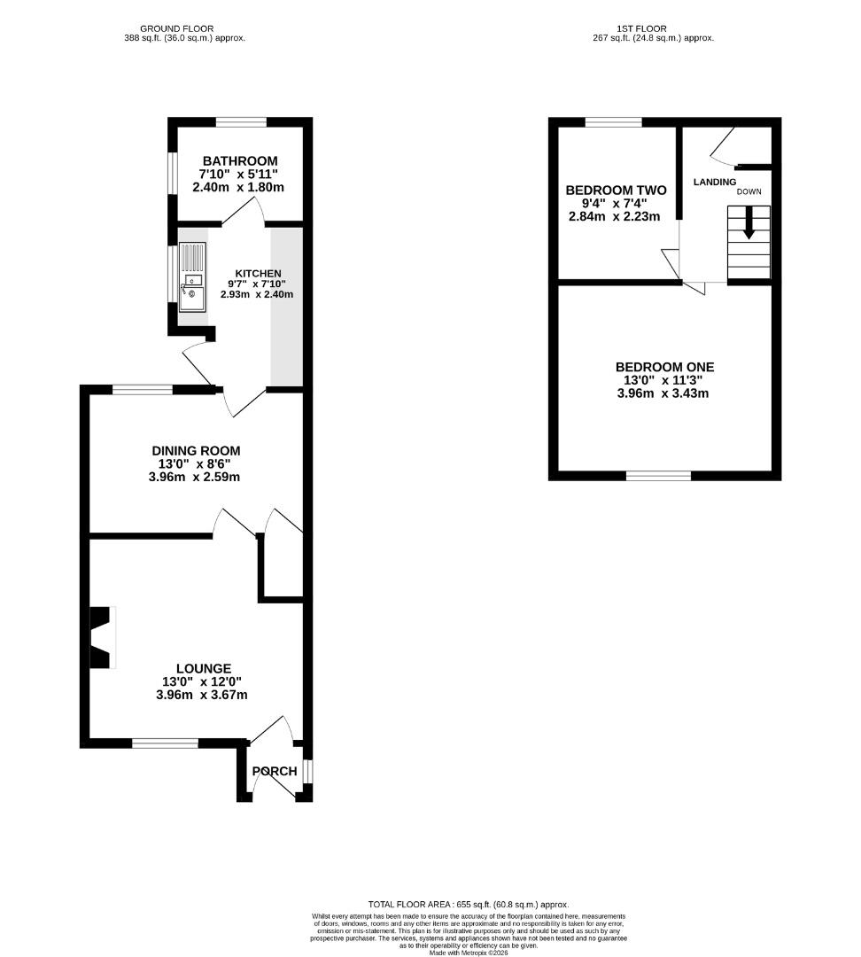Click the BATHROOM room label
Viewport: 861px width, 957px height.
pos(240,161)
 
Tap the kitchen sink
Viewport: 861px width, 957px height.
pos(192,277)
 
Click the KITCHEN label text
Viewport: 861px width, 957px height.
pos(258,274)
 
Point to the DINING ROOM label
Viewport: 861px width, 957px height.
pos(196,451)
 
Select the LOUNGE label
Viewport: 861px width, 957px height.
pos(204,669)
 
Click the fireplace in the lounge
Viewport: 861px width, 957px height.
pos(102,637)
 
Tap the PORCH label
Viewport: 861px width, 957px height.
pos(275,772)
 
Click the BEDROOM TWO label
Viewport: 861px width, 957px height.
pos(616,191)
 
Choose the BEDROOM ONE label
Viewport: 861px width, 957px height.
pos(664,367)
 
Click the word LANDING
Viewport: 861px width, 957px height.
pos(715,182)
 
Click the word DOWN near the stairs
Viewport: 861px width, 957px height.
pos(749,191)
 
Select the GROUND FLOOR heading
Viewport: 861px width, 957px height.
pos(177,28)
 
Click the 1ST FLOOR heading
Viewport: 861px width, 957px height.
pos(641,28)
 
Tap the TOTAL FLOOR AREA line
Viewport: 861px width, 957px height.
pos(468,905)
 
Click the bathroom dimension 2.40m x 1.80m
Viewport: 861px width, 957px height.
pos(238,187)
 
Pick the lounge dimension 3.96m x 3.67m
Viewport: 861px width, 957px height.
pos(202,695)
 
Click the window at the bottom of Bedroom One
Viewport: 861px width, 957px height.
pos(658,476)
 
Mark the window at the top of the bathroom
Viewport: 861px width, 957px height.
pos(241,122)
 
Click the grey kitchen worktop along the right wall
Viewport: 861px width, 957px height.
pos(287,307)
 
